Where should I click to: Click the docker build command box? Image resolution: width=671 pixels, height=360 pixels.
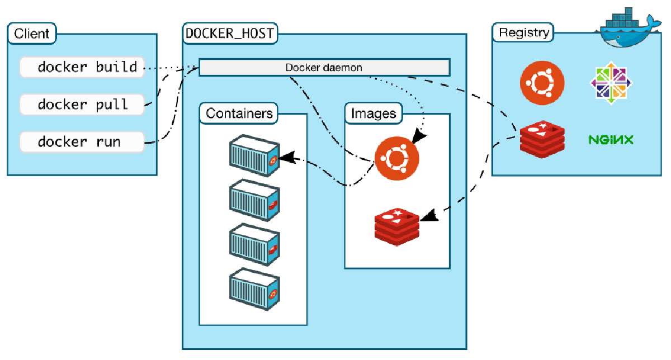[82, 67]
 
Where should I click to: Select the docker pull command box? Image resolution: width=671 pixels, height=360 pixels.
[82, 104]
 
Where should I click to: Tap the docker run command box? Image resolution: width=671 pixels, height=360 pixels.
[82, 141]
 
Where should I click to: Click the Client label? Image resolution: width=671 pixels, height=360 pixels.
[32, 34]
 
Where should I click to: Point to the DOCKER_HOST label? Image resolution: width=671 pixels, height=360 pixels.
[230, 34]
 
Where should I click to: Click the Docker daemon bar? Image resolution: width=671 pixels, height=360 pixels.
[324, 68]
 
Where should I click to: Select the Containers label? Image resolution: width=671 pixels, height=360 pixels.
[239, 113]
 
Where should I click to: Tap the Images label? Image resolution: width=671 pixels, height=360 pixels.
[374, 114]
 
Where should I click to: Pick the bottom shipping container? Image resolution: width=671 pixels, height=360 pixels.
[254, 290]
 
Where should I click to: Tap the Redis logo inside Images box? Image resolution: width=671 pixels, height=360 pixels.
[396, 226]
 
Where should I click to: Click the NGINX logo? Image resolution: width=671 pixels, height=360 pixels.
[611, 140]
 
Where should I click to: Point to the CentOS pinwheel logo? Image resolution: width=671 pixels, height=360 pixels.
[611, 84]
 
